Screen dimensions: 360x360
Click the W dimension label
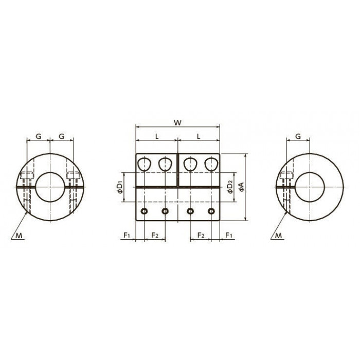(177, 122)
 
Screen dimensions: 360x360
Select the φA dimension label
(241, 187)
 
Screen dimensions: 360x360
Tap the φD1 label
(120, 187)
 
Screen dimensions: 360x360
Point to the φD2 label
(230, 187)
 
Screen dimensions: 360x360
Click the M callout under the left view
(19, 236)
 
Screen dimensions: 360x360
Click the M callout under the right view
(278, 236)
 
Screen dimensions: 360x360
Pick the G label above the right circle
(298, 136)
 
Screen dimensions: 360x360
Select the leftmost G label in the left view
(39, 136)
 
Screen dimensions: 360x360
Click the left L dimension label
(157, 136)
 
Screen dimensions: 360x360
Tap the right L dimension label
(199, 136)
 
